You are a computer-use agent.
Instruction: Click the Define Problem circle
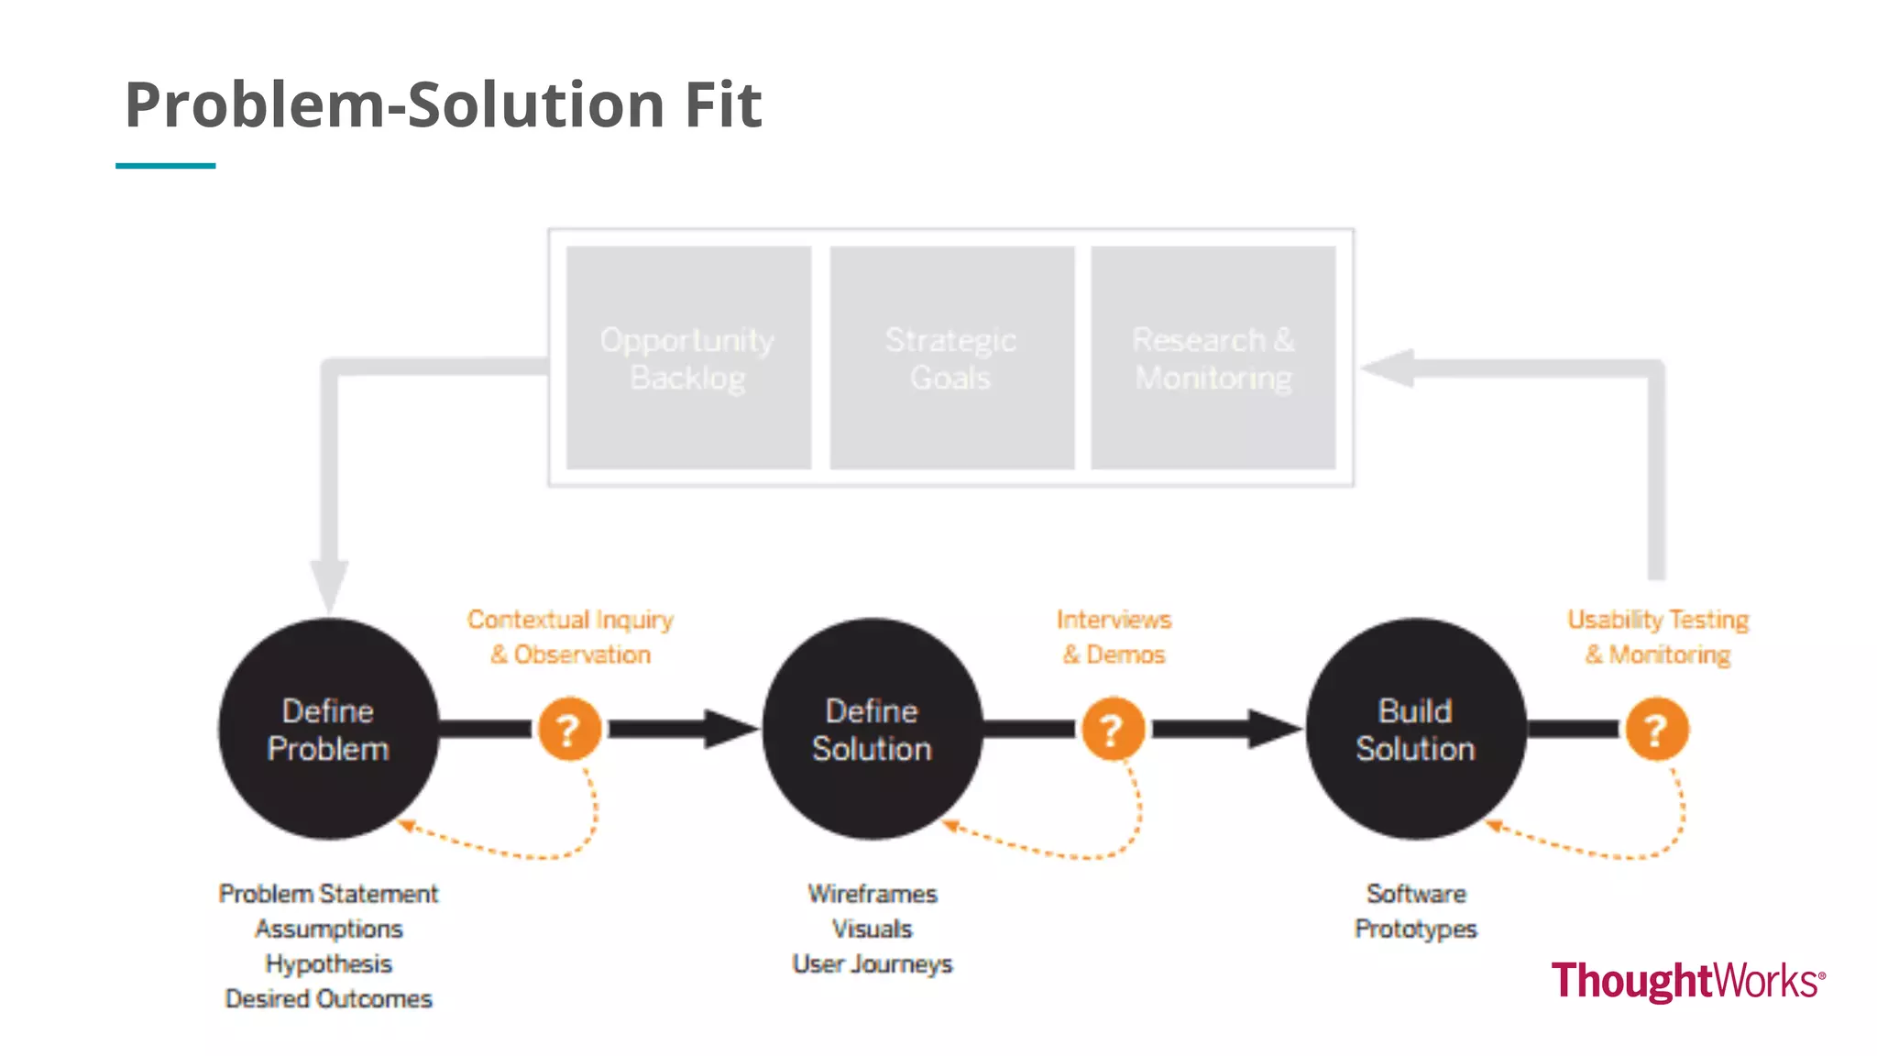328,729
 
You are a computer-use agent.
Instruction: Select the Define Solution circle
872,729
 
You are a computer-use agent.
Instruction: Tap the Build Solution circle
1415,729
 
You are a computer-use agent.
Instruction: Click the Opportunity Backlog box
688,357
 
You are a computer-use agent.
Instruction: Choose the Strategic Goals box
951,357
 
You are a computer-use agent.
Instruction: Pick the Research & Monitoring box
1213,357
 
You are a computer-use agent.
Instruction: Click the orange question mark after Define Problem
569,730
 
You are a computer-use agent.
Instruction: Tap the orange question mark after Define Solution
1113,730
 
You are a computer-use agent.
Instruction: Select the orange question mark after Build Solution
1656,730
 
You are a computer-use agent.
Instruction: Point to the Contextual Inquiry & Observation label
570,637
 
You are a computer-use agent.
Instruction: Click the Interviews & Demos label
1114,637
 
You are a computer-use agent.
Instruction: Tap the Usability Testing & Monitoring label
1658,637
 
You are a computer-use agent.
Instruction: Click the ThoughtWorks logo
1687,981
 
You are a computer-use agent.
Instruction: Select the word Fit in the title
723,104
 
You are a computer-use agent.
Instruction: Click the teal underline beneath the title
165,166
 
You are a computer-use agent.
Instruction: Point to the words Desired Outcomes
328,998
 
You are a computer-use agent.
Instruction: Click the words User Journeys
872,963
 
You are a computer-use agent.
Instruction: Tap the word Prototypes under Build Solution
1415,929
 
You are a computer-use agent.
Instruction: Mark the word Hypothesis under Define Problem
328,963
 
